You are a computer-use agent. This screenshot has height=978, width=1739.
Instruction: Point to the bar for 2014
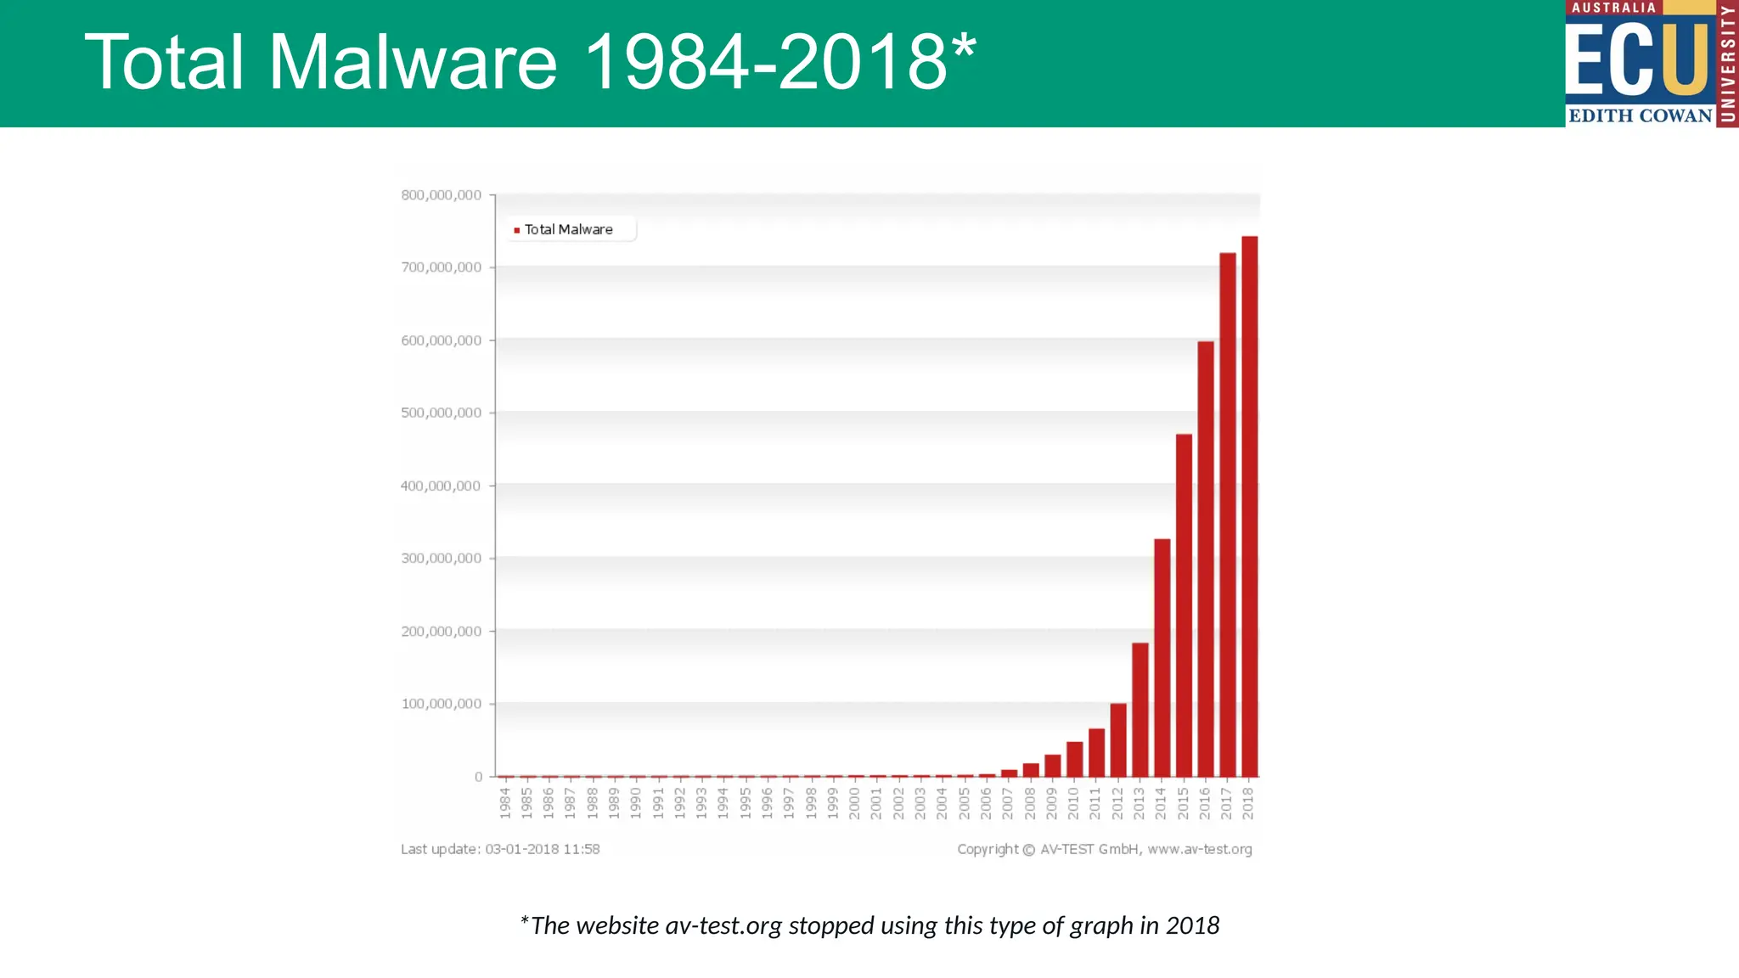pyautogui.click(x=1162, y=657)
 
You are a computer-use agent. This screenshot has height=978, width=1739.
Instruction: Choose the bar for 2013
pyautogui.click(x=1140, y=710)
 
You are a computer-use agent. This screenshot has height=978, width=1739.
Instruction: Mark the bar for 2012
pyautogui.click(x=1118, y=739)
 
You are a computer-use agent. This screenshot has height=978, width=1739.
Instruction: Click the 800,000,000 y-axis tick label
pyautogui.click(x=441, y=195)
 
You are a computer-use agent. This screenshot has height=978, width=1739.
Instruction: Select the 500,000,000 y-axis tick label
pyautogui.click(x=441, y=413)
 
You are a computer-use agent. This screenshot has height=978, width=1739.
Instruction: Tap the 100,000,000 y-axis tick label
pyautogui.click(x=441, y=704)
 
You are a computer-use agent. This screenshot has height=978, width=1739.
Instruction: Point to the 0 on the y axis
pyautogui.click(x=478, y=777)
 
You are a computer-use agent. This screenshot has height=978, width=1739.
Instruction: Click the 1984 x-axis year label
pyautogui.click(x=505, y=803)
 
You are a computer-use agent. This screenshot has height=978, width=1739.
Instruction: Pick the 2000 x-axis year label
pyautogui.click(x=854, y=803)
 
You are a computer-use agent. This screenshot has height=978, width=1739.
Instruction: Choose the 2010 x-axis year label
pyautogui.click(x=1073, y=803)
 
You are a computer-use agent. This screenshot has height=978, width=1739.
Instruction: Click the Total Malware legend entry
pyautogui.click(x=567, y=230)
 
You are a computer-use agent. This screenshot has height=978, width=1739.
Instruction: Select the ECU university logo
pyautogui.click(x=1651, y=64)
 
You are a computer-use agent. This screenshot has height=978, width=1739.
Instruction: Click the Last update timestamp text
pyautogui.click(x=500, y=849)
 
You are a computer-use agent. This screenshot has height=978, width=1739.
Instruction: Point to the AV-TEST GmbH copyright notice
pyautogui.click(x=1104, y=849)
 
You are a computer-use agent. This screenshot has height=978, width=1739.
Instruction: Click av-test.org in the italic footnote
pyautogui.click(x=723, y=925)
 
